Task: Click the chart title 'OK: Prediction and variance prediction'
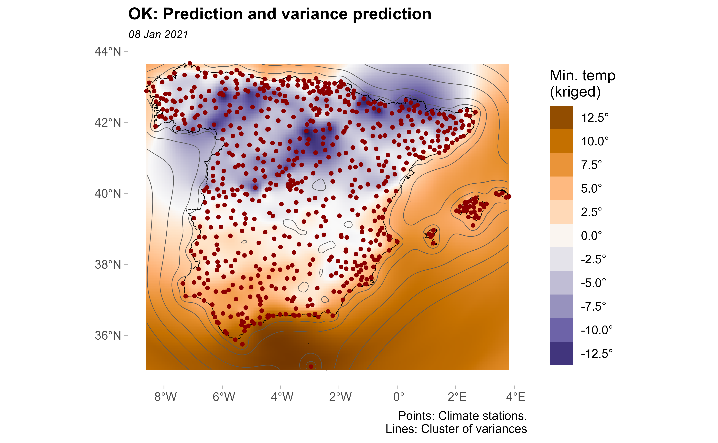[280, 14]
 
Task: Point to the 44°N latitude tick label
[108, 52]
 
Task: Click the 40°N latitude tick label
[108, 194]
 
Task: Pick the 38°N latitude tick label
[108, 265]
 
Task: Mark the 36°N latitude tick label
[108, 335]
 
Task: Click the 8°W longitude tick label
[165, 397]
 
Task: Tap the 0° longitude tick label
[398, 397]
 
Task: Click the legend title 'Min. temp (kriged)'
[582, 83]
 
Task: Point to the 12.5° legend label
[595, 118]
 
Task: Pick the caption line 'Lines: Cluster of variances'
[456, 429]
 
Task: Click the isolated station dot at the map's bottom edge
[311, 366]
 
